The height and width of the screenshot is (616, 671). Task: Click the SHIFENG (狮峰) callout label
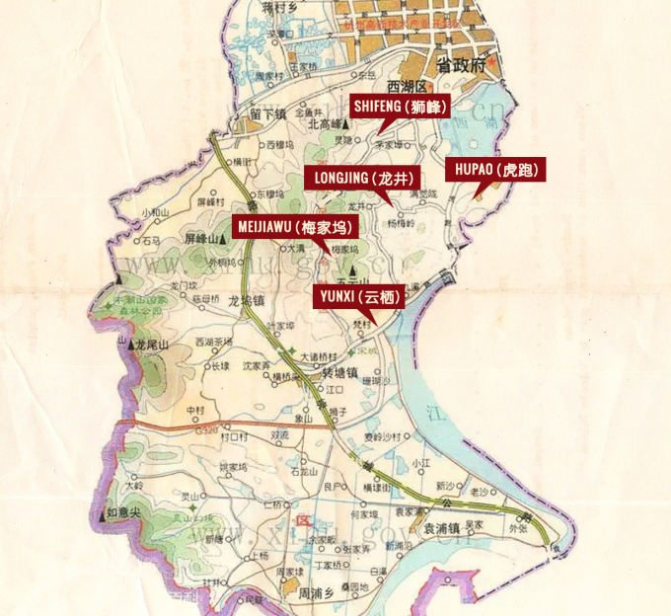tap(400, 106)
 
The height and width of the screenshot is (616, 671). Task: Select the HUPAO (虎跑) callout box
tap(495, 170)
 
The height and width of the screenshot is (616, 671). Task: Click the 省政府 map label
tap(464, 67)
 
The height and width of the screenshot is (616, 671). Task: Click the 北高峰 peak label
tap(323, 125)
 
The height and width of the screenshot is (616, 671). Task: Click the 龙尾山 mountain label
tap(158, 345)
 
